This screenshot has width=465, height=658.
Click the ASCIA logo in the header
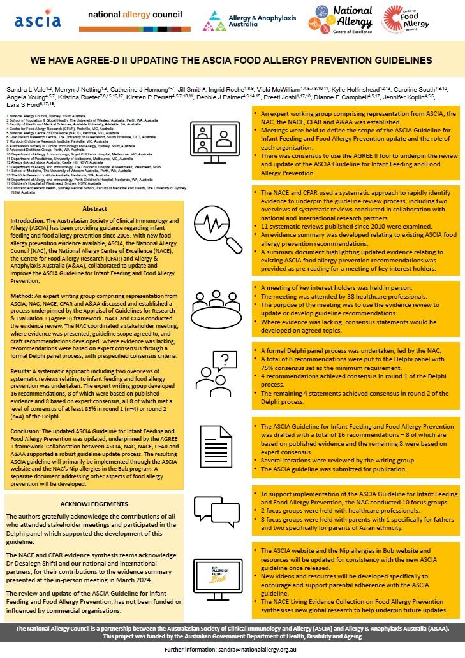click(38, 20)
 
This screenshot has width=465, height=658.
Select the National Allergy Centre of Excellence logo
click(341, 20)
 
